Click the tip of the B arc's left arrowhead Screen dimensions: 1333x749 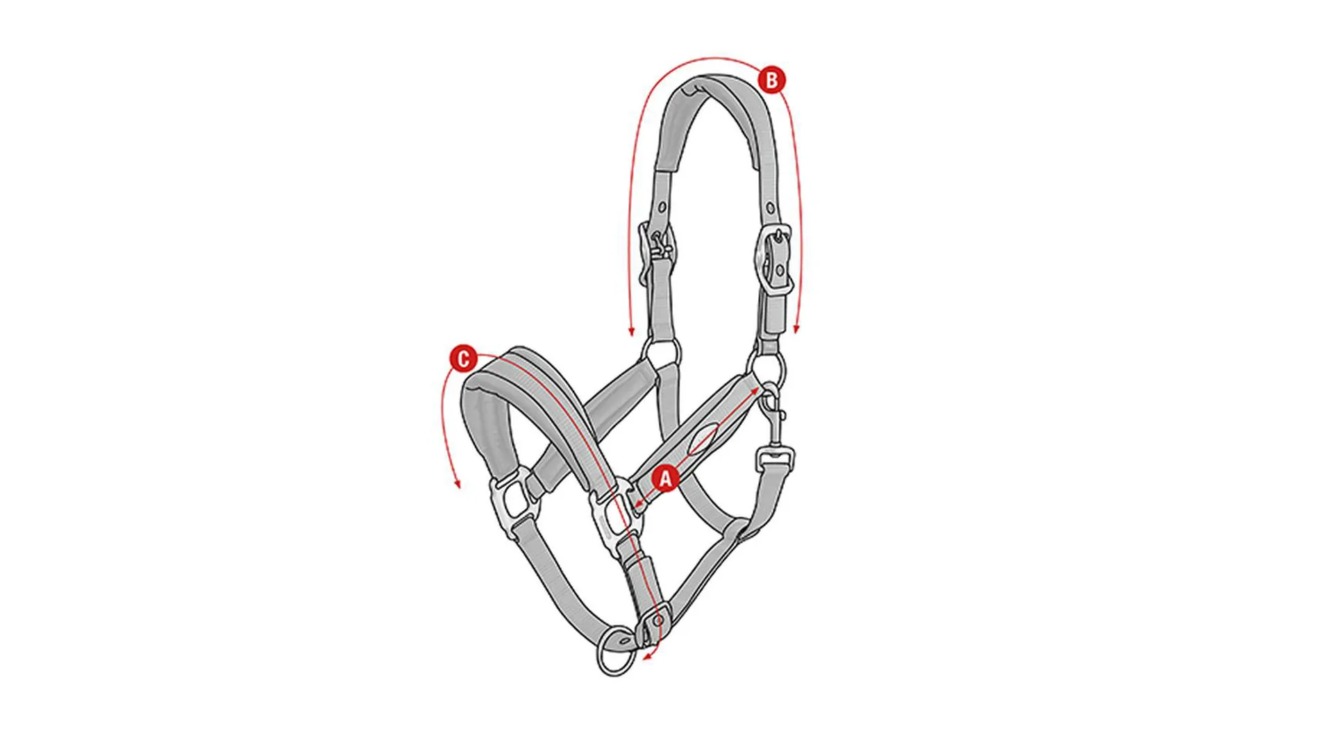631,336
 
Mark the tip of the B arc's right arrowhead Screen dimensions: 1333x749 797,334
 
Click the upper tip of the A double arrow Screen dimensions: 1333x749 760,387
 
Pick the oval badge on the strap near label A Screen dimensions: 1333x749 703,440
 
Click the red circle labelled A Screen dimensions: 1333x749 665,478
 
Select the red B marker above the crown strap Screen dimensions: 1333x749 771,80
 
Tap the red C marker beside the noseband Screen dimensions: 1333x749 463,359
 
